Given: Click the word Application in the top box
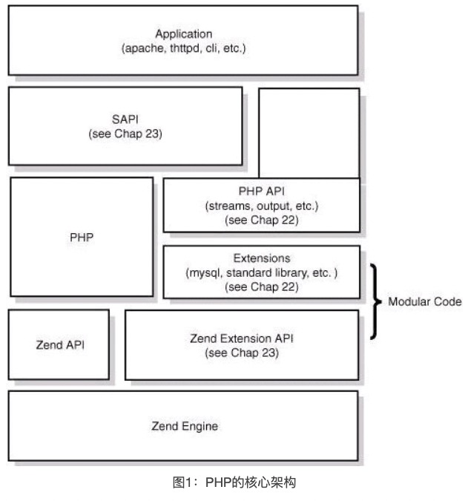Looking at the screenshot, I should tap(183, 34).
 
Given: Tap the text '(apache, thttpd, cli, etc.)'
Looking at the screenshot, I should tap(183, 48).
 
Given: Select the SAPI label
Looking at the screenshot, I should tap(125, 120).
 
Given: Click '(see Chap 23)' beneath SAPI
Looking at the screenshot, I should tap(125, 134).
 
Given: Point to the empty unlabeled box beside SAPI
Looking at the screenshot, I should tap(309, 132).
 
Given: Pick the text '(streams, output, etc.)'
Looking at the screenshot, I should tap(260, 206).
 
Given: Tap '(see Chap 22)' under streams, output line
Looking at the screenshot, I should tap(260, 220).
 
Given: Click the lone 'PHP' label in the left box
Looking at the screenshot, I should tap(81, 238).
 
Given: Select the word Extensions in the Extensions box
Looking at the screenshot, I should tap(260, 259).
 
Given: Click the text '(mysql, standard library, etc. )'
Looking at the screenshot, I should tap(260, 272).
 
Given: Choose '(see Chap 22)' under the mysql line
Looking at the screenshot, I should tap(260, 286).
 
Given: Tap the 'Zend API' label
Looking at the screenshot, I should tap(59, 345).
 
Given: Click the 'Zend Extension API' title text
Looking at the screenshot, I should tap(242, 338).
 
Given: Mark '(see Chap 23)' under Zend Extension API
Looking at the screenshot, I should tap(242, 353).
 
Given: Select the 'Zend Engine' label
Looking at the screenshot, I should tap(185, 426).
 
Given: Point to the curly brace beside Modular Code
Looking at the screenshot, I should tap(375, 302).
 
